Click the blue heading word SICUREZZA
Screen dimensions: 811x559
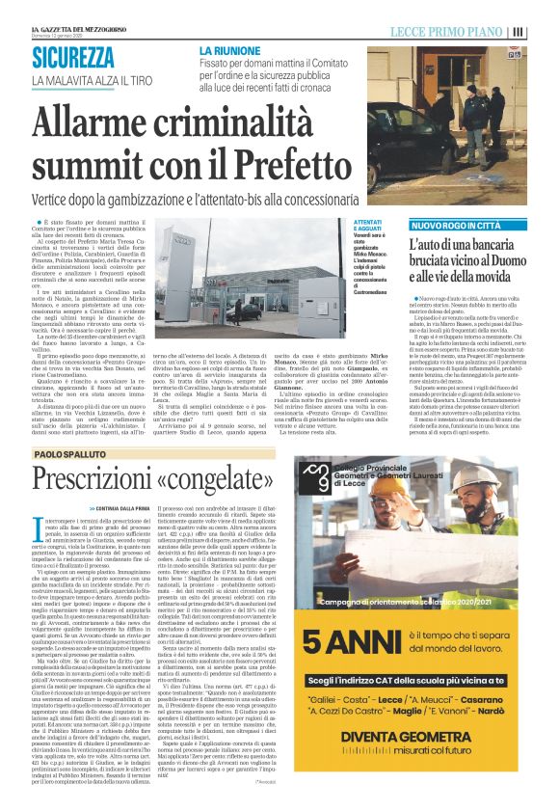(x=73, y=57)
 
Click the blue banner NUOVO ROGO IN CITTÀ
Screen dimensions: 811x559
(x=441, y=225)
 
